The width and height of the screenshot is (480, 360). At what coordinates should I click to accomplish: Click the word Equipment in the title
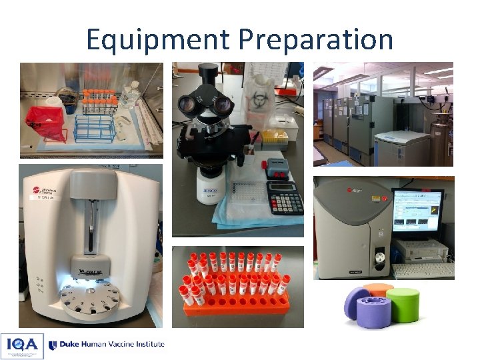pyautogui.click(x=159, y=39)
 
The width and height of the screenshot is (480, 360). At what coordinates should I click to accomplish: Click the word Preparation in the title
pyautogui.click(x=315, y=39)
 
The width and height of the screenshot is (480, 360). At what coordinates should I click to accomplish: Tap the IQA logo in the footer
pyautogui.click(x=22, y=346)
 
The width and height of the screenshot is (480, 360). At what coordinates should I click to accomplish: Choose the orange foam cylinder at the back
pyautogui.click(x=380, y=289)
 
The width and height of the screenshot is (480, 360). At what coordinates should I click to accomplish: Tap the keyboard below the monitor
pyautogui.click(x=423, y=270)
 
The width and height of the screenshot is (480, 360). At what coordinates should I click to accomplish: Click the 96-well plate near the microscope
pyautogui.click(x=248, y=194)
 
